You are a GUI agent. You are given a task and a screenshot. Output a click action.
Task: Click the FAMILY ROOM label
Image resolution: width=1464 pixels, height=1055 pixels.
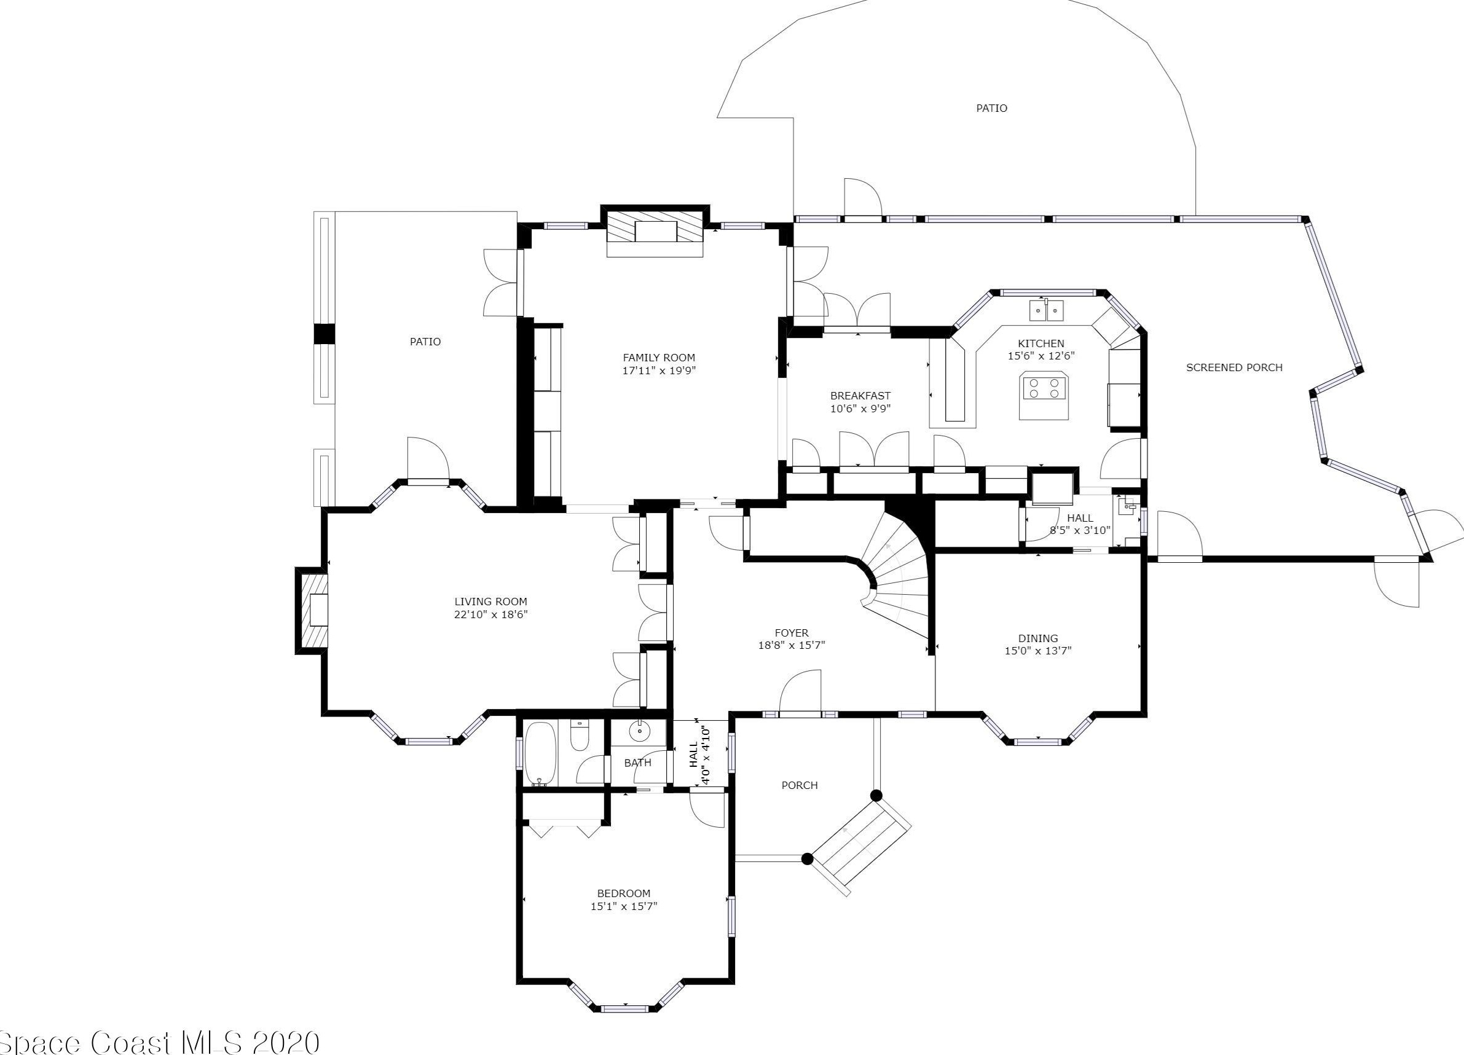(x=658, y=358)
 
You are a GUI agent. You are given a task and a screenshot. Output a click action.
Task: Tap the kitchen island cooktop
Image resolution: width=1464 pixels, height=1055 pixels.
(x=1043, y=395)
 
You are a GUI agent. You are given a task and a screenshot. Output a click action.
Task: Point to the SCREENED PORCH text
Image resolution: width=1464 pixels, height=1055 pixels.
(x=1234, y=368)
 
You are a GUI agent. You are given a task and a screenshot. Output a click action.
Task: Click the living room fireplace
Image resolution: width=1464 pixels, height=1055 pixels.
(x=312, y=610)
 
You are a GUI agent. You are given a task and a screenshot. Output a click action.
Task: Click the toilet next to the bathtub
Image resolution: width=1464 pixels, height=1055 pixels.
(x=579, y=736)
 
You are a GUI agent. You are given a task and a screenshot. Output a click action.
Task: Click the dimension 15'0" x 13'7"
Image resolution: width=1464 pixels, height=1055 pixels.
(x=1038, y=651)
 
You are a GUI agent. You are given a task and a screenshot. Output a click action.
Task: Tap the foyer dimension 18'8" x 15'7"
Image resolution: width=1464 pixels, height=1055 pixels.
(x=792, y=645)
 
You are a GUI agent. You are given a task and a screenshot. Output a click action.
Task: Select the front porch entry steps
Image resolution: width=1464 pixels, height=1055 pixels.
(x=861, y=847)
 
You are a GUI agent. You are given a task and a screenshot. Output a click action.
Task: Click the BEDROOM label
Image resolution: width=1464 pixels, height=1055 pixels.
(x=624, y=893)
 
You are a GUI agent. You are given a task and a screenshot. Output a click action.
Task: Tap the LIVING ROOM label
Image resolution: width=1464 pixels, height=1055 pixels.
(x=490, y=602)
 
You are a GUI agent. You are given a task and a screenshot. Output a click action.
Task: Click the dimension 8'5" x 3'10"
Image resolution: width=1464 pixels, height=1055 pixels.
(x=1080, y=531)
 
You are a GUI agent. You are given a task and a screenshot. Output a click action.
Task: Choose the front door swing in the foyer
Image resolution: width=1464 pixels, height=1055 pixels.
(x=800, y=691)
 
